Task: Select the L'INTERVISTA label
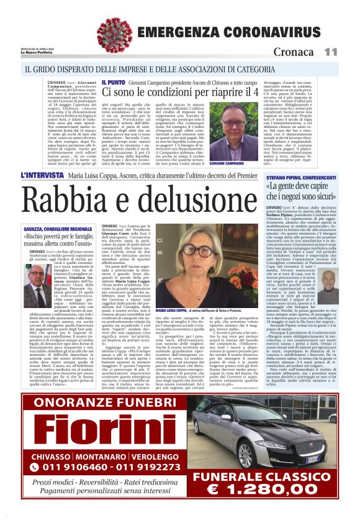[43, 176]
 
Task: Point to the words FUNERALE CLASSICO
[266, 476]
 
